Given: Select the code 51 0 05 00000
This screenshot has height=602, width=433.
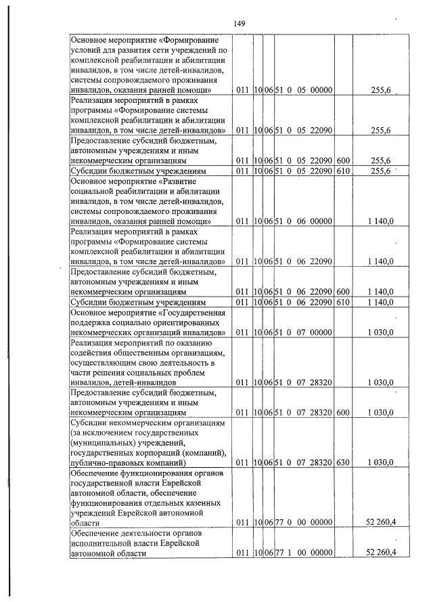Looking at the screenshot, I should click(304, 90).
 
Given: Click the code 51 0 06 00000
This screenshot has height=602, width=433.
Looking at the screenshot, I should click(304, 221).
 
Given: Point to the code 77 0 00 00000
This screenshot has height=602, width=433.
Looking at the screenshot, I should click(304, 523).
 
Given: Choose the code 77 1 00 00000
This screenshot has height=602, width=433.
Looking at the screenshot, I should click(304, 554).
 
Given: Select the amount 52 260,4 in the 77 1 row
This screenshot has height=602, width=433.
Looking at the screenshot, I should click(380, 554).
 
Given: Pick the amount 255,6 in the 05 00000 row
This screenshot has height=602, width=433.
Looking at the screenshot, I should click(384, 90).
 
